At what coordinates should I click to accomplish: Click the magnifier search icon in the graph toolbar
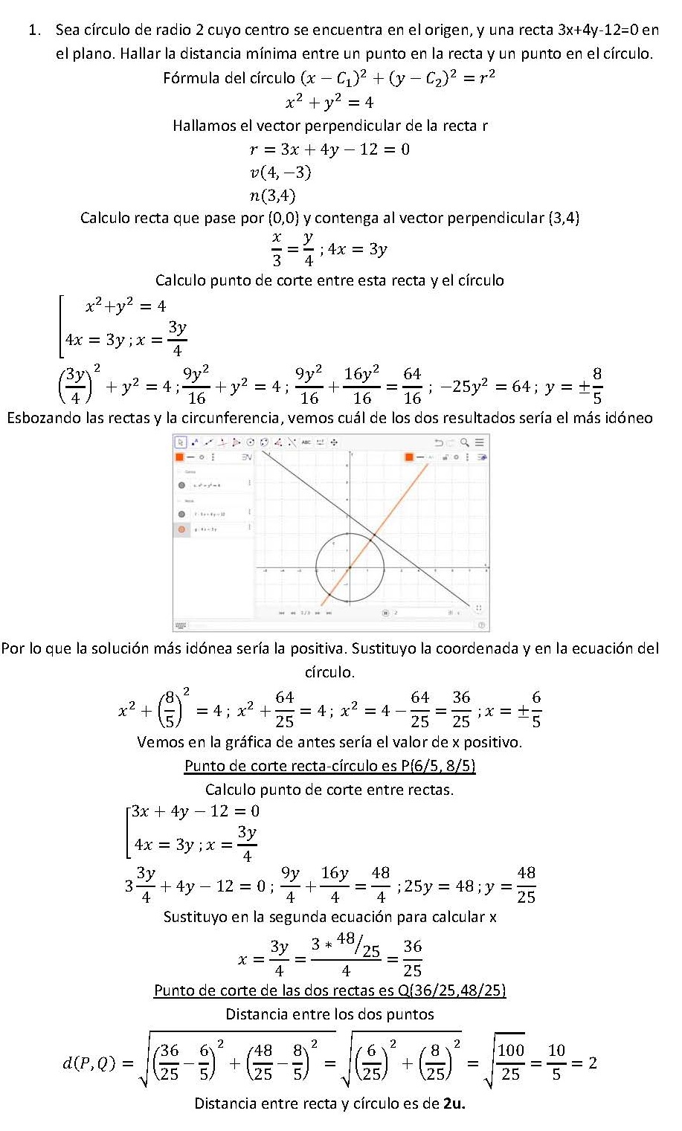coord(465,442)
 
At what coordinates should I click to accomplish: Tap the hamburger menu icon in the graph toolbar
coord(480,442)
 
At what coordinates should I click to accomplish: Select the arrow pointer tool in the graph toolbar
coord(181,442)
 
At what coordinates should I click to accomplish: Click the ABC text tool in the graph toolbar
coord(306,442)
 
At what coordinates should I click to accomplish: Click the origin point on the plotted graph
coord(350,569)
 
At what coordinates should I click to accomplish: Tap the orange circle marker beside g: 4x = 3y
coord(181,529)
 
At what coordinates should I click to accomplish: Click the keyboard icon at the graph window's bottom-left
coord(180,625)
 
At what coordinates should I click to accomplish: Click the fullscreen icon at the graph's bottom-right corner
coord(479,608)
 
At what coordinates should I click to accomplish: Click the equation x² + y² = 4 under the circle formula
coord(329,102)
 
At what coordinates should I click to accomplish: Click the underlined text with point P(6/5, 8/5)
coord(329,765)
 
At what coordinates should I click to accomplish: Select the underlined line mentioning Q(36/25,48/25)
coord(329,990)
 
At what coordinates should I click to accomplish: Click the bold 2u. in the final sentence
coord(454,1103)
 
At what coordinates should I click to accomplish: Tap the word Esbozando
coord(44,417)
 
